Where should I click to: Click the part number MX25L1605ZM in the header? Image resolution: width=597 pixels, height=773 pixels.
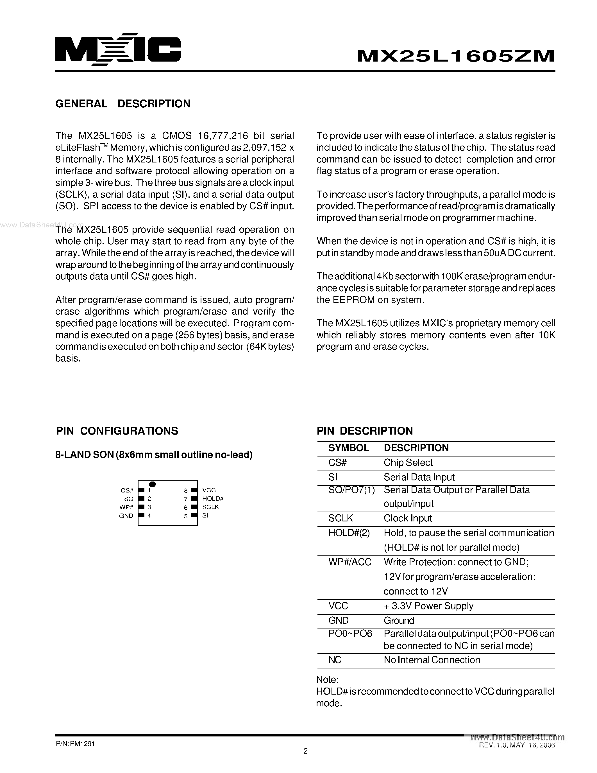[455, 56]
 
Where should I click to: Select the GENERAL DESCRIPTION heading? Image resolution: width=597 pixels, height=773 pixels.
[123, 104]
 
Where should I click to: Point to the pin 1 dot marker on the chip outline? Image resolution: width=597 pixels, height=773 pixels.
[153, 484]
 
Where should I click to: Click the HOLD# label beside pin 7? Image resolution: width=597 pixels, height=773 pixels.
[213, 498]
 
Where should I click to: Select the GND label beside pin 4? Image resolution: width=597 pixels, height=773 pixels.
[126, 516]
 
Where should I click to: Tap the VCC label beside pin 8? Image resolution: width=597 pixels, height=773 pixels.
[209, 490]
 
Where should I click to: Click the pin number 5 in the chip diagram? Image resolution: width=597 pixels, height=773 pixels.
[186, 516]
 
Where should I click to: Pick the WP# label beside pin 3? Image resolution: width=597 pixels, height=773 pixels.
[126, 507]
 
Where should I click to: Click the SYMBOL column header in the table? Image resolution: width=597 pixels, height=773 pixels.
[348, 448]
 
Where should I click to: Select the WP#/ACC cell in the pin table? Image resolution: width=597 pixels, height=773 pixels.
[349, 562]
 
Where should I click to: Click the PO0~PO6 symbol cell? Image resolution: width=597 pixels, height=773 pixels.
[350, 634]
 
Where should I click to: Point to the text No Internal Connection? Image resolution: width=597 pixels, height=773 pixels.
[432, 660]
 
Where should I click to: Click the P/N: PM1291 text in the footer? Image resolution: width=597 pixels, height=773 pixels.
[75, 744]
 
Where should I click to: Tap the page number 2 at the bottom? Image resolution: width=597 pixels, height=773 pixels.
[306, 751]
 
